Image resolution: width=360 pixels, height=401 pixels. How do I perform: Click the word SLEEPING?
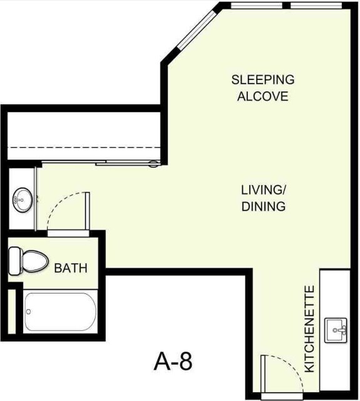click(263, 80)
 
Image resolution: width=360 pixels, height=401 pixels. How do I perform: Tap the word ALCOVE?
click(263, 97)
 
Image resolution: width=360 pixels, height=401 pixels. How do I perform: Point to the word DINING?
click(264, 206)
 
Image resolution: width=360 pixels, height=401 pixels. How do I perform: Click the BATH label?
click(71, 268)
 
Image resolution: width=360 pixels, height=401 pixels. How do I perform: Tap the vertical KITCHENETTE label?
click(309, 329)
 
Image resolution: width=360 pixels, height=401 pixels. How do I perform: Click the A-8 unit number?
click(172, 361)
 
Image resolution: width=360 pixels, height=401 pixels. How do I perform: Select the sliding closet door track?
click(128, 163)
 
